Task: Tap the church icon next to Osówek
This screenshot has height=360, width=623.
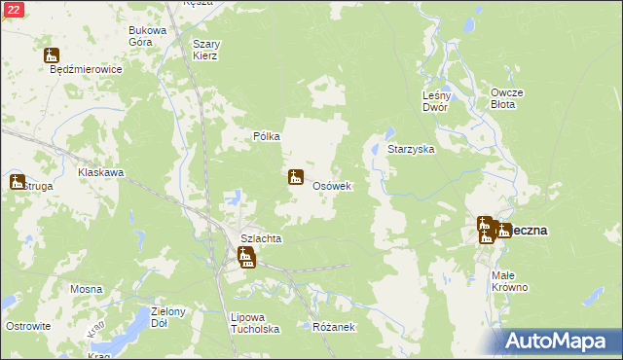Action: pos(295,178)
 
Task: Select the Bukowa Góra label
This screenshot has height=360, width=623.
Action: pos(148,36)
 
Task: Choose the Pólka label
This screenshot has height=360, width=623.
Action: pos(267,137)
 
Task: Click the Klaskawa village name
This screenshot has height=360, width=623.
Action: pos(101,172)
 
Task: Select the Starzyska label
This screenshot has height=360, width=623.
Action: pos(411,151)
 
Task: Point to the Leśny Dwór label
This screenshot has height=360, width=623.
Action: pos(436,101)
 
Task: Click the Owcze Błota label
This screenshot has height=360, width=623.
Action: pos(507,98)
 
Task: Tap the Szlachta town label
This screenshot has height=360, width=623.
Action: pos(261,238)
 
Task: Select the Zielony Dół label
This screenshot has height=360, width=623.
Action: pos(169,317)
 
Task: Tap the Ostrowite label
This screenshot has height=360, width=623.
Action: pos(27,326)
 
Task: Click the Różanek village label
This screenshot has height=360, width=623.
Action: pos(332,327)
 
